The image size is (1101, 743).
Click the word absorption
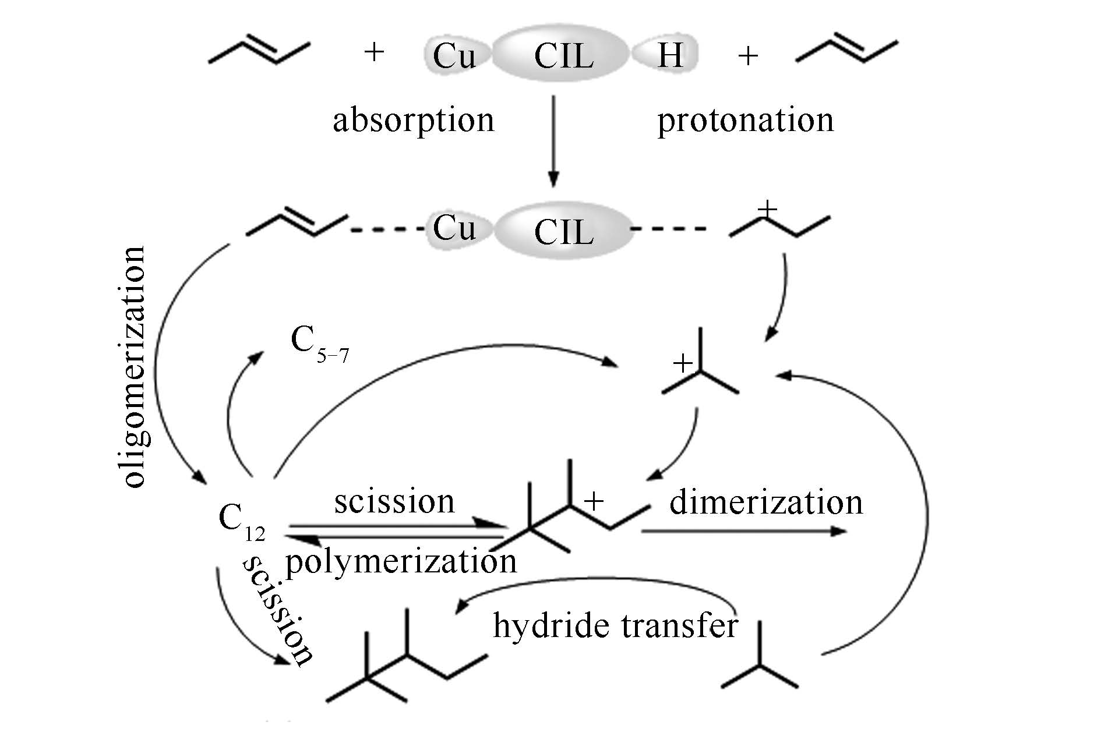coord(413,121)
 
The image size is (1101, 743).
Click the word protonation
coord(745,121)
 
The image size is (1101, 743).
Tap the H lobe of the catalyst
coord(668,56)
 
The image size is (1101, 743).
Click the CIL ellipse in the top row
coord(563,56)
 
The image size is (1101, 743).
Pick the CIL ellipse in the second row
coord(563,231)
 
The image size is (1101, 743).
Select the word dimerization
coord(765,503)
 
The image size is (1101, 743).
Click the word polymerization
coord(401,562)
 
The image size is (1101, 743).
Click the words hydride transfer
coord(615,627)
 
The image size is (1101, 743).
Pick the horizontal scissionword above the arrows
coord(394,502)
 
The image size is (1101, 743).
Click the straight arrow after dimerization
coord(743,531)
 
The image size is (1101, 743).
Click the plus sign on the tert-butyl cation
coord(683,365)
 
